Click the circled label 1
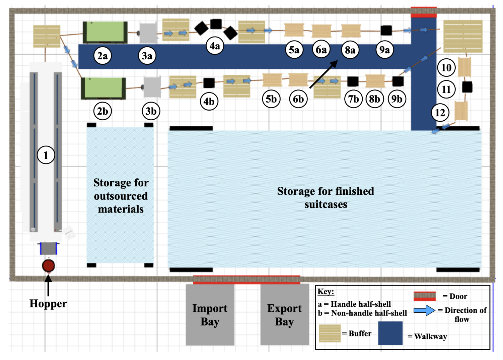coord(46,155)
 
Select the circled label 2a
coord(102,56)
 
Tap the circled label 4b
coord(209,101)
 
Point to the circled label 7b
coord(353,99)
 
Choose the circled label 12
coord(440,113)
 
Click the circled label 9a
coord(384,50)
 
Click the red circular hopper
coord(49,266)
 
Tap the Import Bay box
coord(210,315)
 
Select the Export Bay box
coord(285,315)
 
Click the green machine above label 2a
coord(105,32)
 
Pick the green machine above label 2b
coord(103,88)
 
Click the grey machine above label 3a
coord(148,33)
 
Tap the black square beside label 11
coord(467,87)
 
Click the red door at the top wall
coord(424,12)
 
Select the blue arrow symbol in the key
coord(424,310)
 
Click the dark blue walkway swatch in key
coord(390,333)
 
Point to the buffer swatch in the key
coord(330,333)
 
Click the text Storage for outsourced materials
coord(121,196)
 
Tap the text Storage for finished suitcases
coord(326,197)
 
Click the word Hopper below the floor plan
coord(48,303)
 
